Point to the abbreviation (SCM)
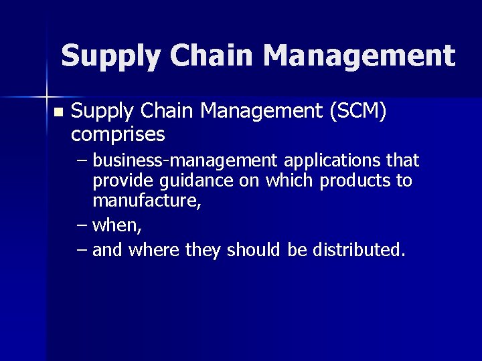coord(356,112)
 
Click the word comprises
coord(118,134)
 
